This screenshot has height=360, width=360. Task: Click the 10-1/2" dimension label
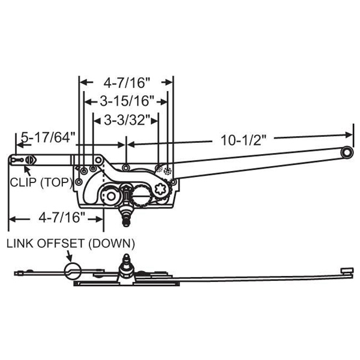[244, 139]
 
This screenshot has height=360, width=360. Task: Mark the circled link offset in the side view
[71, 269]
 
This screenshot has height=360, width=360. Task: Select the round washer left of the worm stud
[110, 195]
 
